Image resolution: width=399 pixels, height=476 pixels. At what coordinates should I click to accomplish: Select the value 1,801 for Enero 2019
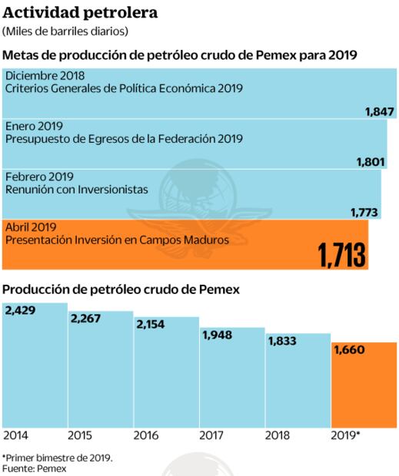click(371, 162)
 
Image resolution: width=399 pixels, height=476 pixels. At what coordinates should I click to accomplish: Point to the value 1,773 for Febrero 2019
click(364, 212)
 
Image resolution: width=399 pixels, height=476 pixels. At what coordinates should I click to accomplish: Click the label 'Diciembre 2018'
click(45, 75)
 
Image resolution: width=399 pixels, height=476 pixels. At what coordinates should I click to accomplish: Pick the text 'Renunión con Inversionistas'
click(77, 190)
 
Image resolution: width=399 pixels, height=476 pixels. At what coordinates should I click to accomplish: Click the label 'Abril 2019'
click(32, 227)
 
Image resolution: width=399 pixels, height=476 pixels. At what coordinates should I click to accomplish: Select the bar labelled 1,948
click(233, 380)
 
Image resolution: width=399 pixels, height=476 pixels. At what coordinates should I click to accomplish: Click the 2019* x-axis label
click(345, 435)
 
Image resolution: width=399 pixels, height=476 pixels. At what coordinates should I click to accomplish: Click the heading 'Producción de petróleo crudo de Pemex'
click(122, 289)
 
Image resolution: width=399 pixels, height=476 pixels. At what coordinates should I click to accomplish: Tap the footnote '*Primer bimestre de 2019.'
click(58, 458)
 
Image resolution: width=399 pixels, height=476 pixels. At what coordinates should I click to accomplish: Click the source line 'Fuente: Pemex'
click(34, 468)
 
